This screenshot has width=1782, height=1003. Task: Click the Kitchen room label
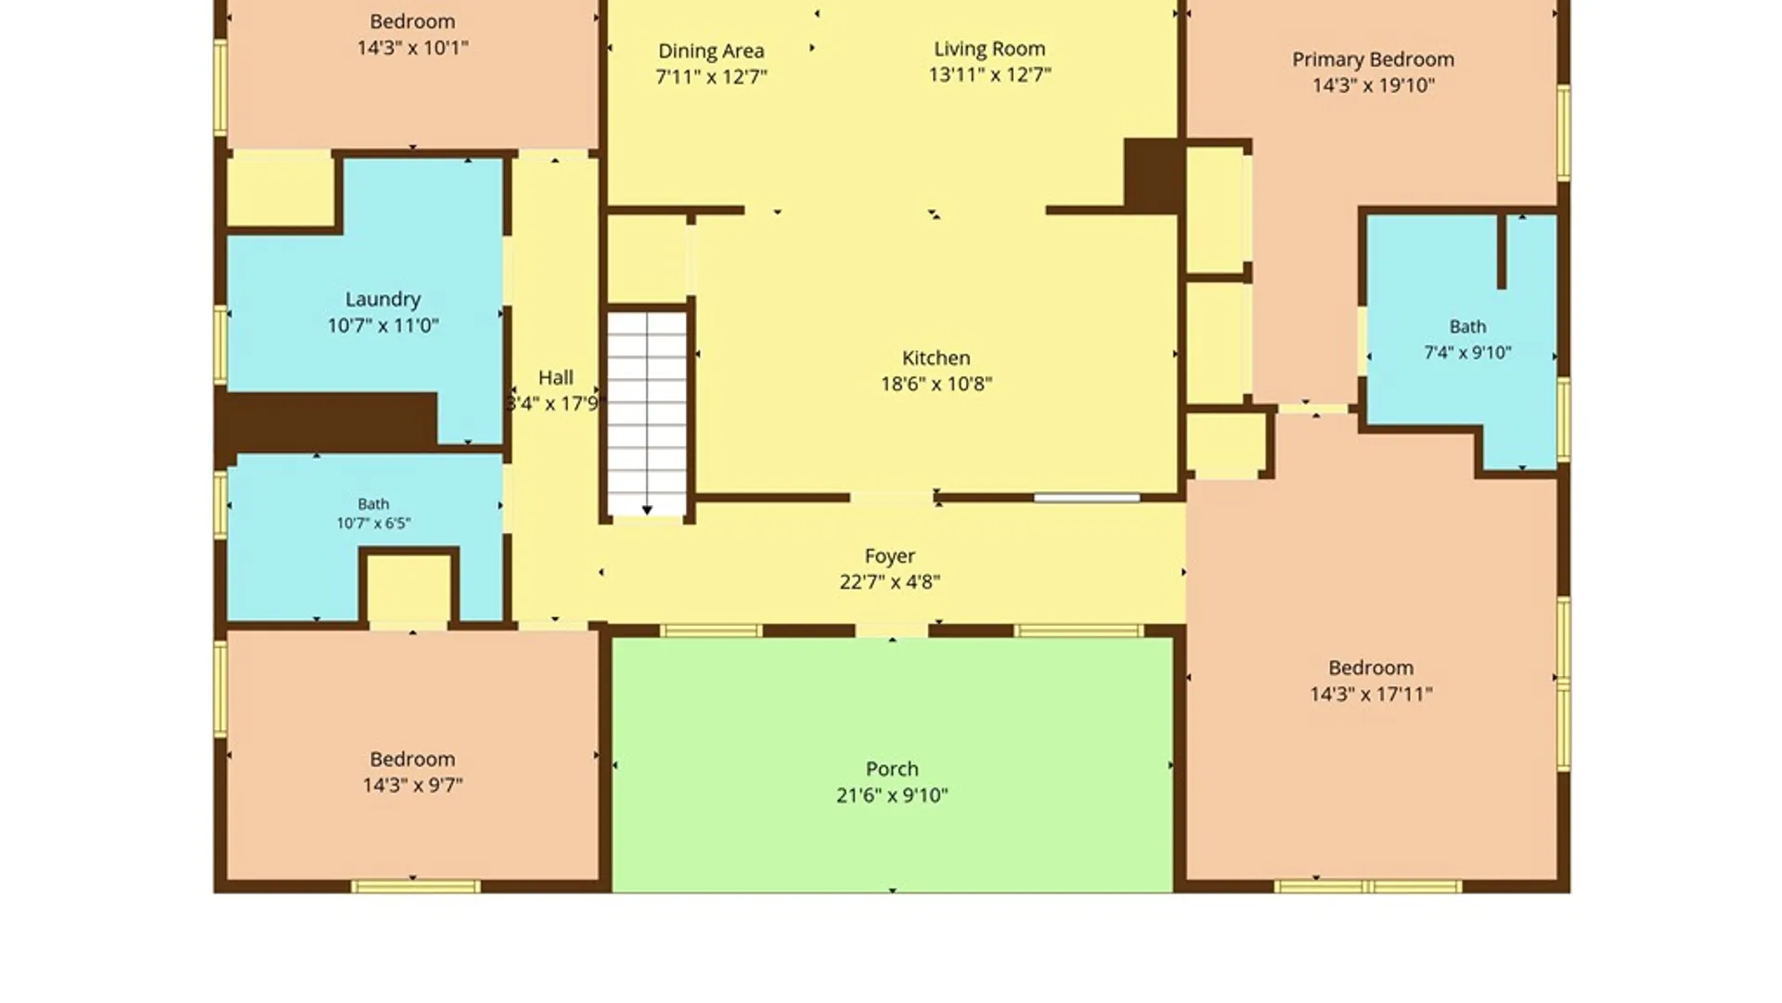pos(936,358)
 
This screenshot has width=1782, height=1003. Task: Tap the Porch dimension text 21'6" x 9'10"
pos(892,795)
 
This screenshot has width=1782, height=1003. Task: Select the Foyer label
pos(889,556)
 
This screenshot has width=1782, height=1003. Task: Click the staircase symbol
pos(647,414)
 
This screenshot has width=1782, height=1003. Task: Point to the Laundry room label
pos(382,299)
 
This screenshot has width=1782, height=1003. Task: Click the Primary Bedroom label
pos(1373,59)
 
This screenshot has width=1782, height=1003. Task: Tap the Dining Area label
pos(711,51)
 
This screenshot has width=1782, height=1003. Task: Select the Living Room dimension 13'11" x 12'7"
pos(989,74)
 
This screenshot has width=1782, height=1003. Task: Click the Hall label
pos(555,378)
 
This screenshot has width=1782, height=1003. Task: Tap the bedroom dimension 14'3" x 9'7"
pos(412,786)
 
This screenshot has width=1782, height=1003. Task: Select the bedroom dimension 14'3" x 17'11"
pos(1371,694)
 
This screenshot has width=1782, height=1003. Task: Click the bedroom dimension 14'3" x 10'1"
pos(412,47)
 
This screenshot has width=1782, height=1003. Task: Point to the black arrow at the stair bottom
pos(647,509)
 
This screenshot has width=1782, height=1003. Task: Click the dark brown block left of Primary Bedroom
pos(1152,175)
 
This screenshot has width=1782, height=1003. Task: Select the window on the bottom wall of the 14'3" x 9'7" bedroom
pos(416,887)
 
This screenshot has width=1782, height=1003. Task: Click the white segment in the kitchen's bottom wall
pos(1087,499)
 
